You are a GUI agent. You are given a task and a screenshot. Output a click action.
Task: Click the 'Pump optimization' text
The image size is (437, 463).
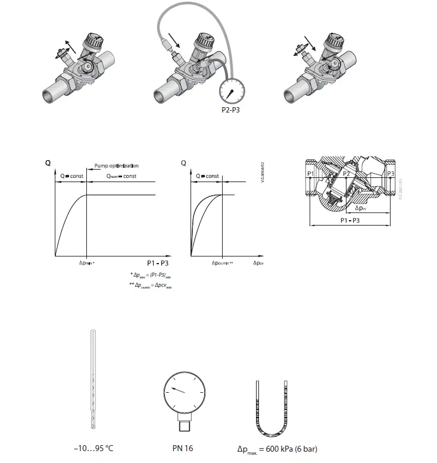(117, 165)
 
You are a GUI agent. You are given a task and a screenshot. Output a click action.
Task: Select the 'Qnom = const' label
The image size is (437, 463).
(121, 177)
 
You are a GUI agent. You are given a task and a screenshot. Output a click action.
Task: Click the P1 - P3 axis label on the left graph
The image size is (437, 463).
(157, 262)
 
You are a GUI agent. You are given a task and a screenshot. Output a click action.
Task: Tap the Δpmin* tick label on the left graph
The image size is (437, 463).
(88, 262)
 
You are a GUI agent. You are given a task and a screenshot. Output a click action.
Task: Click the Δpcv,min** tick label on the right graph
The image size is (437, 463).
(222, 262)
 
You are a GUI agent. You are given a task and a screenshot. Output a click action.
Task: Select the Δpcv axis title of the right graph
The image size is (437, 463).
(258, 262)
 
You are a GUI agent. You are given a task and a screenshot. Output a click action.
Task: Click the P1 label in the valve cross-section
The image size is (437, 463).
(310, 173)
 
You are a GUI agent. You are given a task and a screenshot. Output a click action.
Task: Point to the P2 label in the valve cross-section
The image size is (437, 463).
(347, 173)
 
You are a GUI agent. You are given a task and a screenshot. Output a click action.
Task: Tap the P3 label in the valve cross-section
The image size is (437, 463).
(390, 173)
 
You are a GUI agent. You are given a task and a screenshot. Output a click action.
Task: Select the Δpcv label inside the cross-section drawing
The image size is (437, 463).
(361, 209)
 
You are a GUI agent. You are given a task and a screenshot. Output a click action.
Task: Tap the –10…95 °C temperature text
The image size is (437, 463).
(93, 448)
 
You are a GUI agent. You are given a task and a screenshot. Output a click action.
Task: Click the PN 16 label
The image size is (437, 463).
(182, 448)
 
